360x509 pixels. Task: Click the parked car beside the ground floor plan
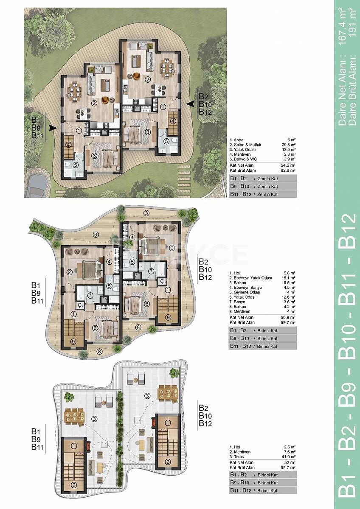[37, 186]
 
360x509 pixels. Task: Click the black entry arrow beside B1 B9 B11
[53, 128]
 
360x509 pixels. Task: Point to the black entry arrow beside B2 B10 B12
[190, 104]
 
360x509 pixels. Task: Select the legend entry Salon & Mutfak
[245, 145]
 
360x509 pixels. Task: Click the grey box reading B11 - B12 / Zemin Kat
[263, 194]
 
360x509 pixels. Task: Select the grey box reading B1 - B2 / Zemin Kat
[263, 179]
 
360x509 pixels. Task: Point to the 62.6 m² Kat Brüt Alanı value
[288, 170]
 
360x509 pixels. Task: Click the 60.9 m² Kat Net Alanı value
[288, 317]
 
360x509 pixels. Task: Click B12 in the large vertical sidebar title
[347, 230]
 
